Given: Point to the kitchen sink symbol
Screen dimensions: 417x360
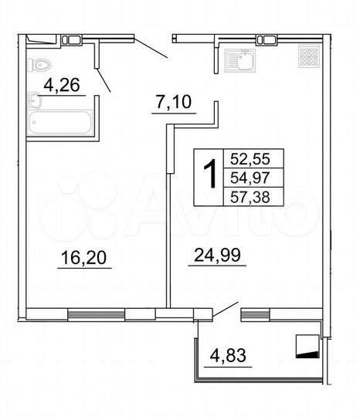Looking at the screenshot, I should point(238,58).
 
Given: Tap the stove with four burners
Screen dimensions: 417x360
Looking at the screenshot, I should point(308,56).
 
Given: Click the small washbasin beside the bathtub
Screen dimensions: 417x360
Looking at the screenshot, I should point(33,100).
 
